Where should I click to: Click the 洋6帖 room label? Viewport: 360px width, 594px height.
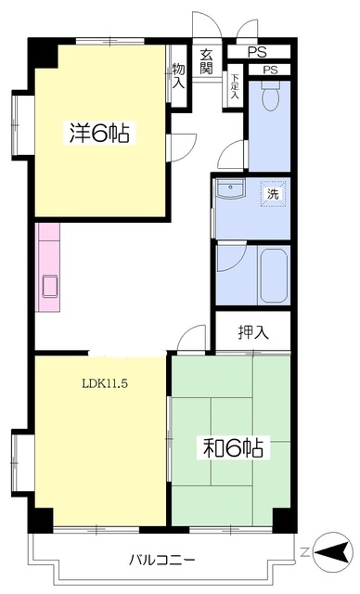point(99,133)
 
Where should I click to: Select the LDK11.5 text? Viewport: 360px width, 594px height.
point(105,383)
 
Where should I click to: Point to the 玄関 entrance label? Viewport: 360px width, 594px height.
point(206,61)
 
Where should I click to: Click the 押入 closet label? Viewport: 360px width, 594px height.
point(253,332)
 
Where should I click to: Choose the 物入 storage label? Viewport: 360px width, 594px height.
point(179,76)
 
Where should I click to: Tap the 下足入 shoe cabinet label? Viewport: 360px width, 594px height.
point(236,86)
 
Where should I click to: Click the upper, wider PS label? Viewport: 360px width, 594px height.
point(257,52)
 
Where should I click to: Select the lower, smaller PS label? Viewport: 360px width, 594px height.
point(271,70)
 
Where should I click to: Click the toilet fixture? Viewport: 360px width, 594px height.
point(270,96)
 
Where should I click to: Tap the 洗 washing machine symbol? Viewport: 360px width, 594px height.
point(273,194)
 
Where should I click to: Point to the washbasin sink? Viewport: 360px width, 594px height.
point(230,188)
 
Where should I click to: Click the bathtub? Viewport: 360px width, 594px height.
point(274,276)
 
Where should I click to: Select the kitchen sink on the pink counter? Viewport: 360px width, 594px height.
point(49,287)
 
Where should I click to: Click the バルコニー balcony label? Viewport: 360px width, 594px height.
point(162,559)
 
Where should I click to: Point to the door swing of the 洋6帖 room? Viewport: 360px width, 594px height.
point(183,148)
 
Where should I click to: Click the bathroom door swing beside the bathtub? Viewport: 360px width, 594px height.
point(232,258)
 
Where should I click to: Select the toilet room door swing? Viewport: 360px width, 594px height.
point(232,155)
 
